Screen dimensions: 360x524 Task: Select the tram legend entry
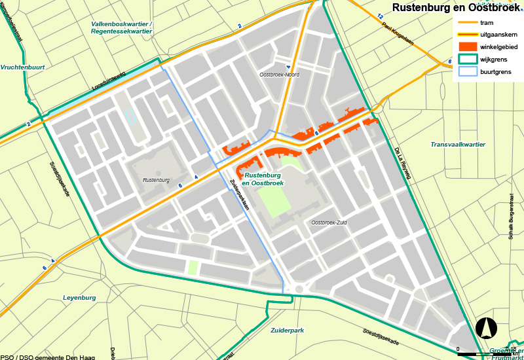486,23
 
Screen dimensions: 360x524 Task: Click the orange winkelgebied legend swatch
468,46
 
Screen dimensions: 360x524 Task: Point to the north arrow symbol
485,327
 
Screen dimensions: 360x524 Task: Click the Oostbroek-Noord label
279,75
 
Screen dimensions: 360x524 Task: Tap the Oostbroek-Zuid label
328,223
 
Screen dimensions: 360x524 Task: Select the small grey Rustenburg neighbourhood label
155,180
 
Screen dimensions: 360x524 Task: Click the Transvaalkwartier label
458,144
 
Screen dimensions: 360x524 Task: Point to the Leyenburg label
79,298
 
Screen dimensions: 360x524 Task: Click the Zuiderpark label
287,331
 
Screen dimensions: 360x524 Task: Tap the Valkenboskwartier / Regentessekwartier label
121,28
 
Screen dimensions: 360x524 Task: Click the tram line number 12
381,15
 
